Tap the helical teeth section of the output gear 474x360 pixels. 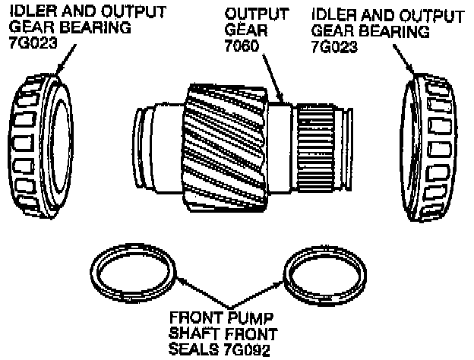click(225, 148)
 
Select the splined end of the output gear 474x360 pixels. click(316, 147)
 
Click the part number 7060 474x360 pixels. click(242, 46)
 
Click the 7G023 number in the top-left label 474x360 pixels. click(33, 43)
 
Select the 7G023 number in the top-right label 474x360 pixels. click(334, 47)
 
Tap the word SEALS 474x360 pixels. click(194, 349)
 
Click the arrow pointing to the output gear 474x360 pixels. click(273, 78)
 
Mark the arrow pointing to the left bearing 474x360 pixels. click(65, 59)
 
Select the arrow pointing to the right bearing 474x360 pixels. click(404, 59)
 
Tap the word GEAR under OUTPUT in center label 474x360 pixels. click(246, 30)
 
